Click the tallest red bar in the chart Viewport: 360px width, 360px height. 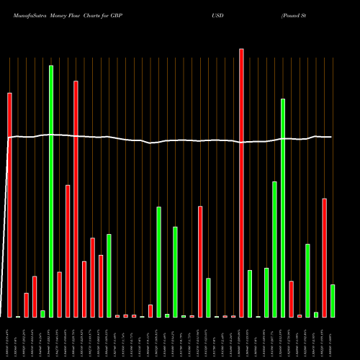[241, 183]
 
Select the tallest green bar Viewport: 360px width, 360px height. [51, 191]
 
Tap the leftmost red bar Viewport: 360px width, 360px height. [10, 204]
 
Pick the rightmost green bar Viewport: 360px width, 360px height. [332, 300]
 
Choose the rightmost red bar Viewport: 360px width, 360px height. [324, 257]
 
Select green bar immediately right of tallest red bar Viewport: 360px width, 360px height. [249, 293]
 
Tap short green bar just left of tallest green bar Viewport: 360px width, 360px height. [42, 313]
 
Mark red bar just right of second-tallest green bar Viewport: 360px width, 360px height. [291, 299]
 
